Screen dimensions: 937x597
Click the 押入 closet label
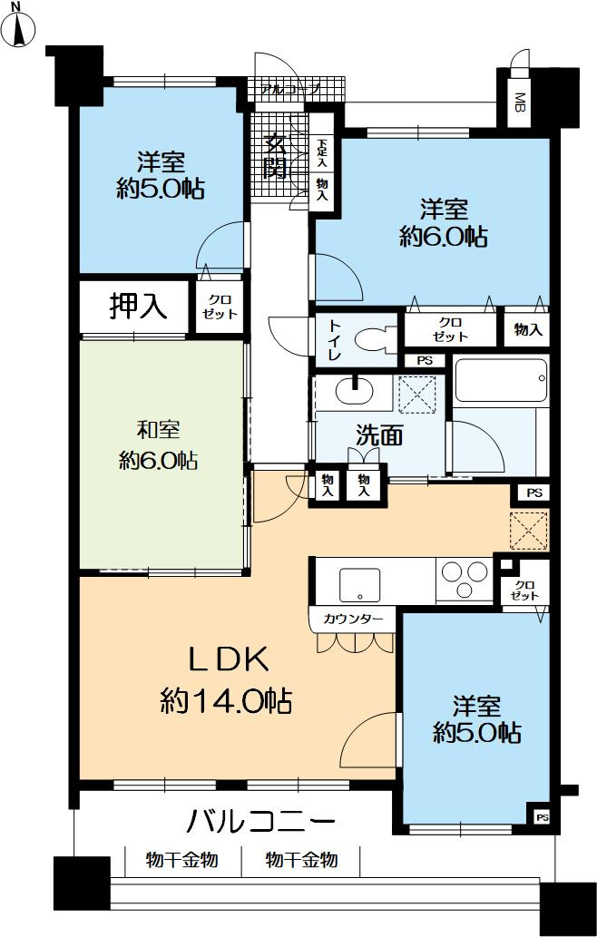pyautogui.click(x=137, y=308)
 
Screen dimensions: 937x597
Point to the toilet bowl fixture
pyautogui.click(x=374, y=340)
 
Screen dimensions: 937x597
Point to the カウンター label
pyautogui.click(x=352, y=620)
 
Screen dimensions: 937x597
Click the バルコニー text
pyautogui.click(x=261, y=823)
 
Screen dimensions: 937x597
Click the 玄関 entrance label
pyautogui.click(x=276, y=154)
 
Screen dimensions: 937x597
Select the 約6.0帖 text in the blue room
pyautogui.click(x=444, y=237)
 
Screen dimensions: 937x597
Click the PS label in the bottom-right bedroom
pyautogui.click(x=542, y=817)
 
